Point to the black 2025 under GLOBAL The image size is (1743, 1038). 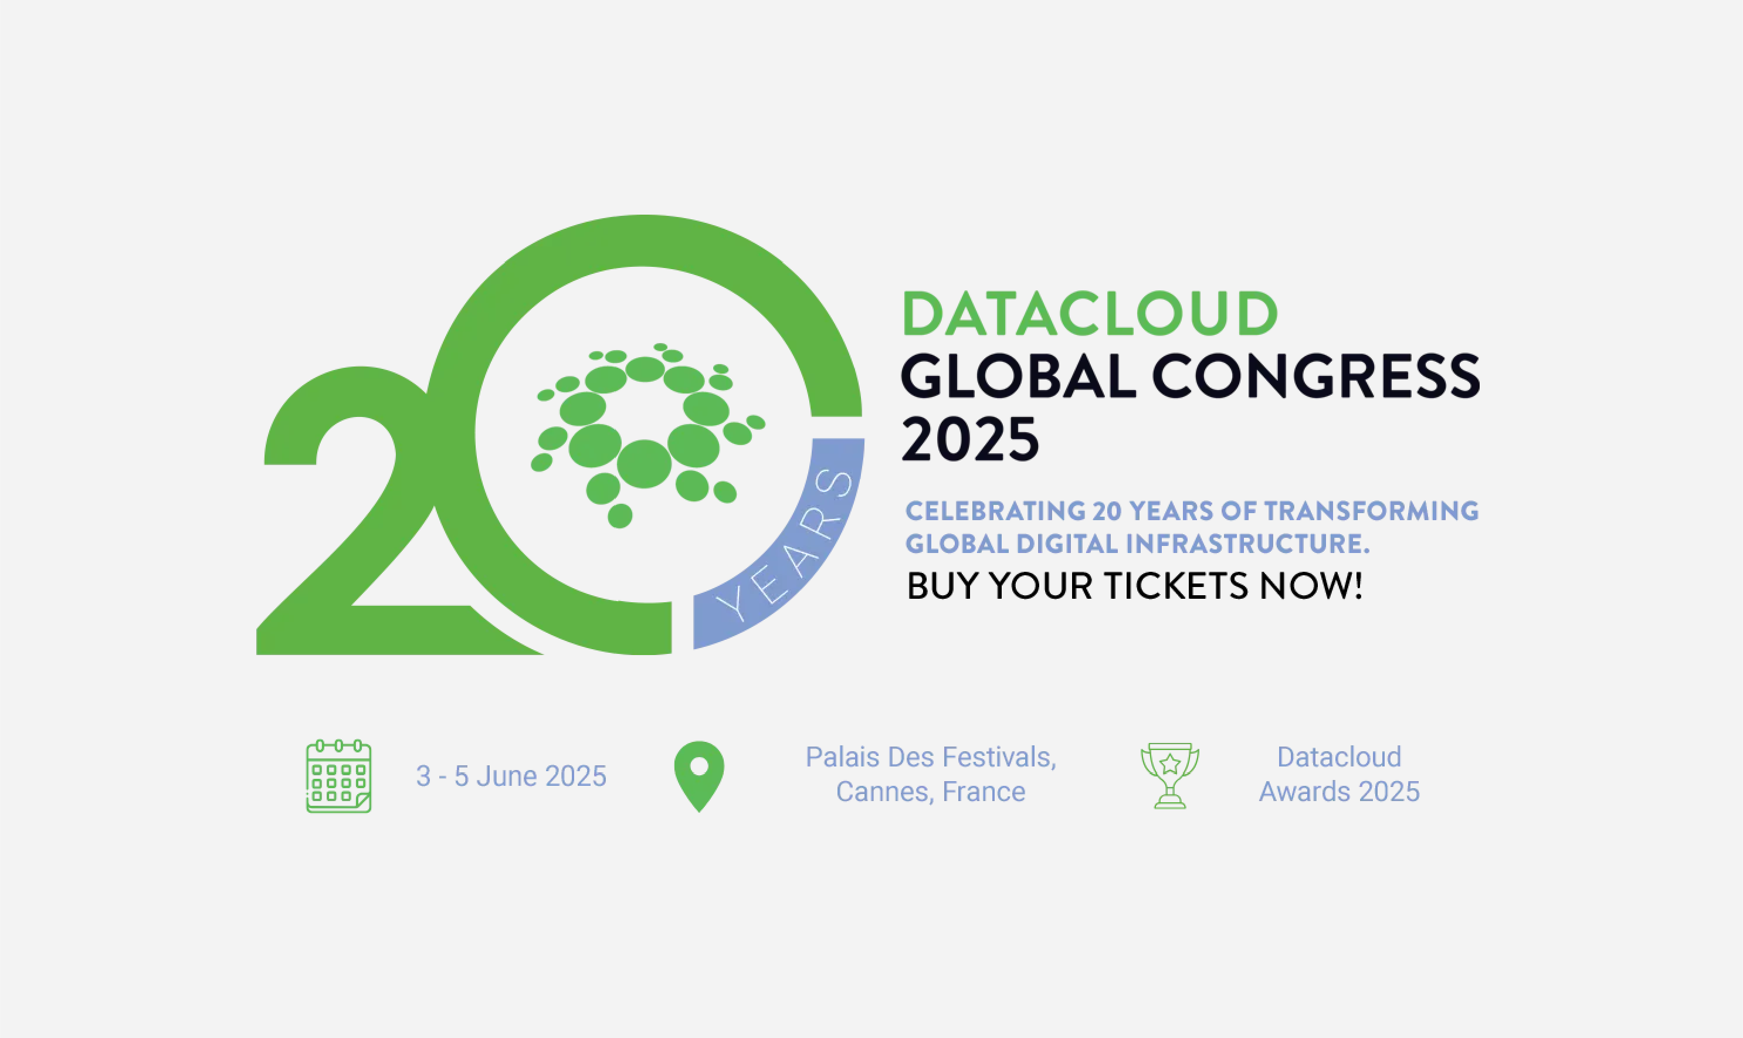point(970,439)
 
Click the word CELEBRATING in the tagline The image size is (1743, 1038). point(995,511)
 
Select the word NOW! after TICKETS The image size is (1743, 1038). point(1311,585)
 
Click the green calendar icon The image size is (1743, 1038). point(338,776)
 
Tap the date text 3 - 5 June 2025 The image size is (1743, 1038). point(511,776)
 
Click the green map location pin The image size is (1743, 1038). point(698,776)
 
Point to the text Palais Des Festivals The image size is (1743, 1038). point(930,758)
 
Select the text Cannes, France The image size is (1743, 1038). point(930,792)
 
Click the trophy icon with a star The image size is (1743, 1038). point(1169,776)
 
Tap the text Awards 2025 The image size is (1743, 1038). point(1339,792)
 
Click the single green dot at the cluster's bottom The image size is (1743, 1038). point(620,516)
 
